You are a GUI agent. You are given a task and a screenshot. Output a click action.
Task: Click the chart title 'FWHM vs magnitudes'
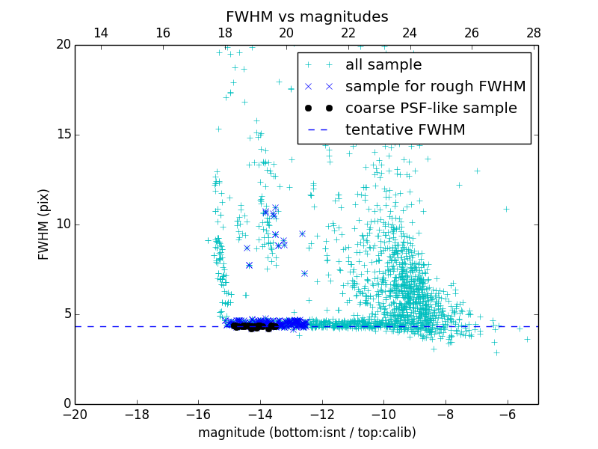306,16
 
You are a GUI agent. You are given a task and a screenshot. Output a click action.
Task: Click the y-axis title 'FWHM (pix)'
44,224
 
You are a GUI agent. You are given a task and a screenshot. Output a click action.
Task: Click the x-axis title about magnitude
306,433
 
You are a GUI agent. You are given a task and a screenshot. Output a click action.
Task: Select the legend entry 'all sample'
383,65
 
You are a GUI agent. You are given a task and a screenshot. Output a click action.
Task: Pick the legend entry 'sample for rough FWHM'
435,87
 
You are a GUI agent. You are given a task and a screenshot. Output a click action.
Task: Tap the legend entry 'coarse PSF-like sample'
431,109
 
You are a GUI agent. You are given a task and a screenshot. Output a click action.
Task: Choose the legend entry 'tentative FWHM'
404,130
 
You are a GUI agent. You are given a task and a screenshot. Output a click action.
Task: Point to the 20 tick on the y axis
63,45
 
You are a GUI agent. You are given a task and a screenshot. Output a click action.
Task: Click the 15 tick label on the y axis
63,135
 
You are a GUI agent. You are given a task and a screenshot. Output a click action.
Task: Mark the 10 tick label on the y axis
63,224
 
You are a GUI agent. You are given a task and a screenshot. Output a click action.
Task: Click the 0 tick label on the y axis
67,404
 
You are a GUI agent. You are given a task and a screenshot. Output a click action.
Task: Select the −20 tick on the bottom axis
75,414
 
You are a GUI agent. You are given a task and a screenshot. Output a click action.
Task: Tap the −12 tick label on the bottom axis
322,414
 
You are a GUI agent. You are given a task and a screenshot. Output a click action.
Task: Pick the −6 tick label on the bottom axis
508,414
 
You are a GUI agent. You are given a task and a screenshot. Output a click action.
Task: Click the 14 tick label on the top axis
100,33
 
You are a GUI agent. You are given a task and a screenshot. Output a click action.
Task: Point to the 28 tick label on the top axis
533,33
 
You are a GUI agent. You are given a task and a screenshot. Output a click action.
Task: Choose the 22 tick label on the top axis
348,33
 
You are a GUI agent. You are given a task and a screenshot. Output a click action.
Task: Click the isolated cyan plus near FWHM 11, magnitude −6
506,209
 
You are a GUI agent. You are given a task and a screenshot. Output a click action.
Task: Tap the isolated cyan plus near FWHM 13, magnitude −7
477,171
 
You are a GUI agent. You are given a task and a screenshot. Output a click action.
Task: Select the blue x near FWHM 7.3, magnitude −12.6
304,273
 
